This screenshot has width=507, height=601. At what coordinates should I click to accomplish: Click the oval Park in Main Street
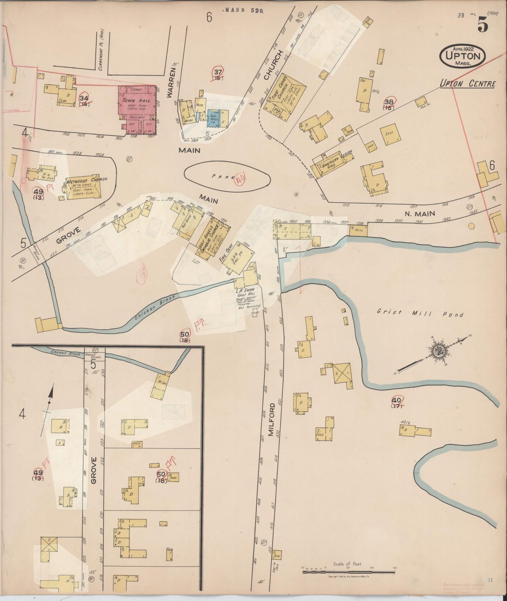(x=227, y=177)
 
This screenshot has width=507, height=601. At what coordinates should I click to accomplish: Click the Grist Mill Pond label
(x=420, y=313)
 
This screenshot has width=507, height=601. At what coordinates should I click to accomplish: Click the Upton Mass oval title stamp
(x=463, y=55)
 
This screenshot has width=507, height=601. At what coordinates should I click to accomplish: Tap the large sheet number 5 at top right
(x=482, y=24)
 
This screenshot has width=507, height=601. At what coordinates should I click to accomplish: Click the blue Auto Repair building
(x=213, y=118)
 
